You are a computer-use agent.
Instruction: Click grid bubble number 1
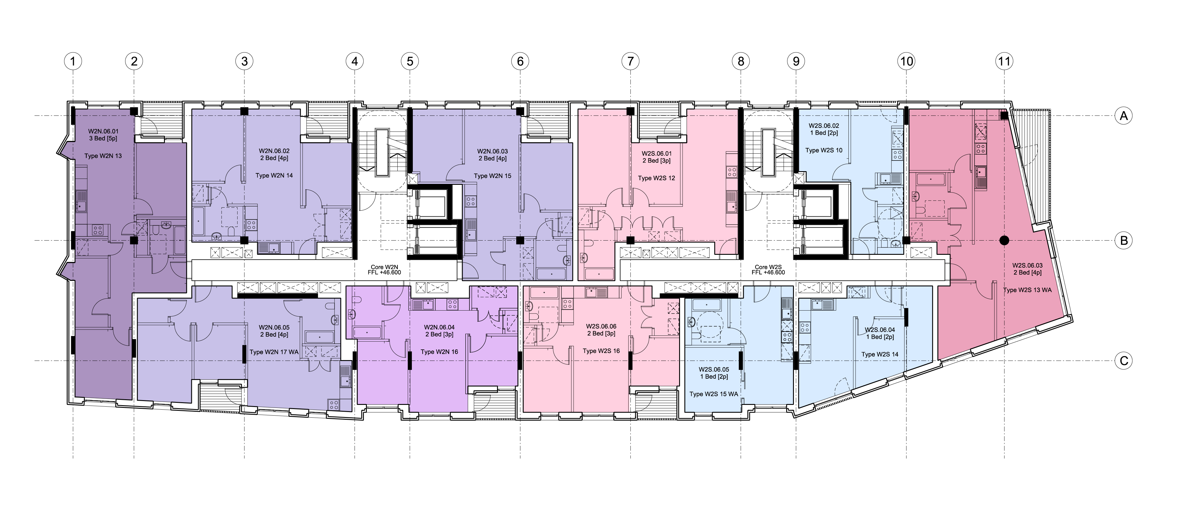click(x=73, y=61)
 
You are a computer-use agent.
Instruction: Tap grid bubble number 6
click(x=520, y=61)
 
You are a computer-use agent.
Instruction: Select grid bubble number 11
click(x=1004, y=61)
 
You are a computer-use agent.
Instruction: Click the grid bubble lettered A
click(x=1124, y=116)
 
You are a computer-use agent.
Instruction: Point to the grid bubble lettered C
click(x=1124, y=361)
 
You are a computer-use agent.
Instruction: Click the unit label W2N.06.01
click(x=103, y=131)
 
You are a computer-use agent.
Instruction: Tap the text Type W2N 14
click(x=274, y=176)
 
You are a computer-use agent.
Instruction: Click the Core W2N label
click(x=384, y=267)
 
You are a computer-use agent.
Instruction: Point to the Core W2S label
click(x=768, y=267)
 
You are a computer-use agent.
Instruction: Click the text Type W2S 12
click(x=656, y=178)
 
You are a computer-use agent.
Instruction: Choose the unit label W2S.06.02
click(x=824, y=125)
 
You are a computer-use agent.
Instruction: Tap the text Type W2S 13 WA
click(x=1028, y=290)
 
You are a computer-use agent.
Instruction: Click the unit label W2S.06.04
click(x=880, y=330)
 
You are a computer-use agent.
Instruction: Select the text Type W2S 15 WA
click(x=714, y=394)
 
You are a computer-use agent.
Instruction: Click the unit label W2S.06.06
click(x=601, y=327)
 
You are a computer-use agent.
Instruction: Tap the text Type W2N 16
click(x=439, y=352)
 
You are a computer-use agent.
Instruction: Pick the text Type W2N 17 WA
click(x=274, y=352)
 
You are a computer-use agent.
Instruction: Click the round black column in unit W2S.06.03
click(x=1004, y=240)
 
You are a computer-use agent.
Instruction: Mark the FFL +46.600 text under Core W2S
click(x=768, y=273)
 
